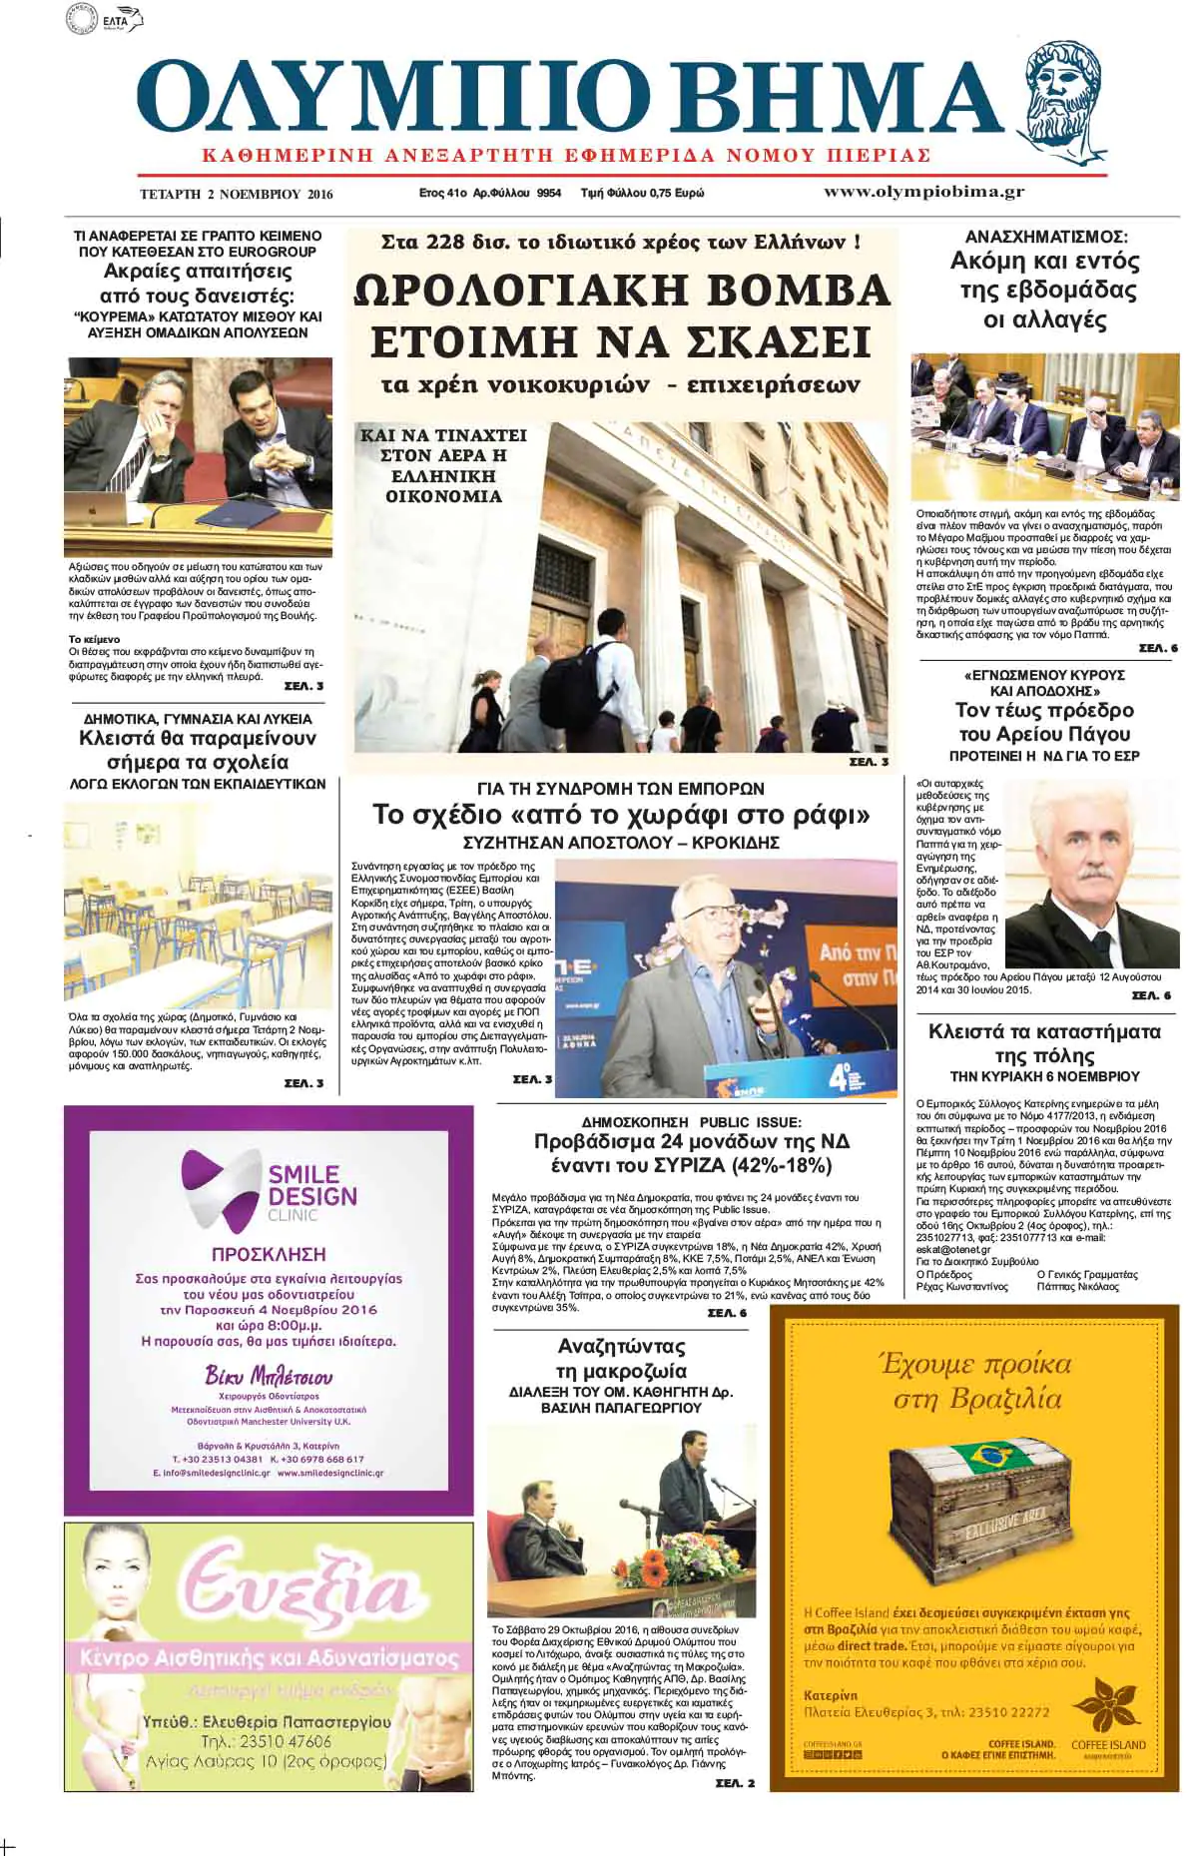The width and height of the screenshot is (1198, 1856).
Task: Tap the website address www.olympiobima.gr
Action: pos(923,192)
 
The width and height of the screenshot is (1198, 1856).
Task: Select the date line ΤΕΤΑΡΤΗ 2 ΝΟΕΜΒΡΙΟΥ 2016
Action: pos(237,194)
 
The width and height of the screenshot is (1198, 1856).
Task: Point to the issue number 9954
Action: pos(548,193)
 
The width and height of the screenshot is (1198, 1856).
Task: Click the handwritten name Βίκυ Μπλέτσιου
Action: pos(269,1376)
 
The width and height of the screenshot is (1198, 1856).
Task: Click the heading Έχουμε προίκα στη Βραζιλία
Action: pos(975,1381)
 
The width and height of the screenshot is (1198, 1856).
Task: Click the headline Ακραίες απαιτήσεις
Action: pos(198,272)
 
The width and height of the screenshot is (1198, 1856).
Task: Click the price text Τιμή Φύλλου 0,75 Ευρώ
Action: pos(642,193)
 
